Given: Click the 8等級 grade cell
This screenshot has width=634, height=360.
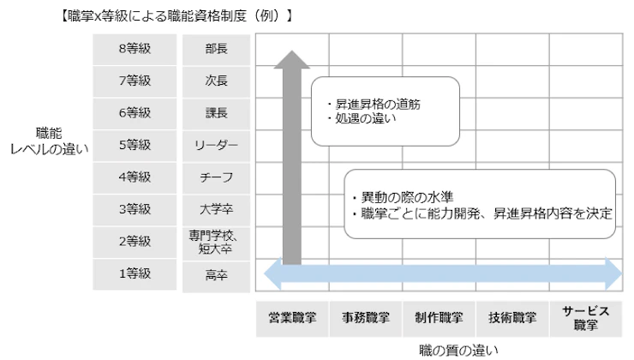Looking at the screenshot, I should (135, 49).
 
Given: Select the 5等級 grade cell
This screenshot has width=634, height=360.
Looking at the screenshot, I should (135, 145).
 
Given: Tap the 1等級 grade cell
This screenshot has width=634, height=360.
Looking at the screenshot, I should (135, 273).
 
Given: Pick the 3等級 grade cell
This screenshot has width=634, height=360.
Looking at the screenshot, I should (135, 209).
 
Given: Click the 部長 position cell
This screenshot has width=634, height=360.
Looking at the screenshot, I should (217, 49).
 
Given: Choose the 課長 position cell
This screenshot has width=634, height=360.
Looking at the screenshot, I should (217, 113).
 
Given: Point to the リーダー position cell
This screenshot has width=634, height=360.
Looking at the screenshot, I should (217, 145).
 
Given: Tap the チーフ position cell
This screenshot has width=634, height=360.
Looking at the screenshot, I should (217, 177).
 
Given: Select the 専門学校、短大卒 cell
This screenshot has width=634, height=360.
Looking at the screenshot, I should (217, 241).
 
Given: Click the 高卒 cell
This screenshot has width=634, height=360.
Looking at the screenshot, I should (217, 273).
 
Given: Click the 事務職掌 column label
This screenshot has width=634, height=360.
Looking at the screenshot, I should (366, 318).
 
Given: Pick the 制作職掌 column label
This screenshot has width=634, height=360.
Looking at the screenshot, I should (439, 318).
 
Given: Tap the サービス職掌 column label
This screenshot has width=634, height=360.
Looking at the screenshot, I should (586, 318).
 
